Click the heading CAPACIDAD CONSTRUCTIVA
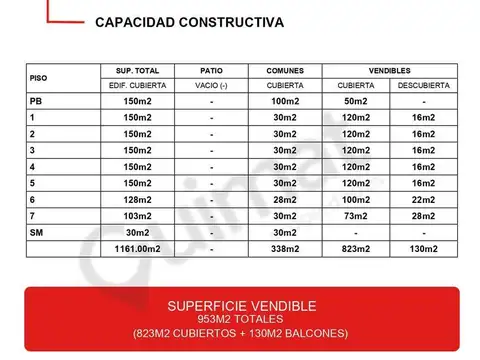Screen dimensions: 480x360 pyautogui.click(x=189, y=21)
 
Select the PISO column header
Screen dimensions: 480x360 pyautogui.click(x=39, y=77)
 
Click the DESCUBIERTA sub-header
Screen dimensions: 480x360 pyautogui.click(x=424, y=85)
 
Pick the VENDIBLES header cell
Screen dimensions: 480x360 pyautogui.click(x=388, y=70)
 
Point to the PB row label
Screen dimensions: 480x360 pyautogui.click(x=36, y=101)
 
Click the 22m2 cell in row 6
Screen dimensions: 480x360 pyautogui.click(x=423, y=198)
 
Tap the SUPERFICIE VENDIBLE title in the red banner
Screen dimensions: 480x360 pyautogui.click(x=239, y=304)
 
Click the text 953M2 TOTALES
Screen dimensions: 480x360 pyautogui.click(x=239, y=318)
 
